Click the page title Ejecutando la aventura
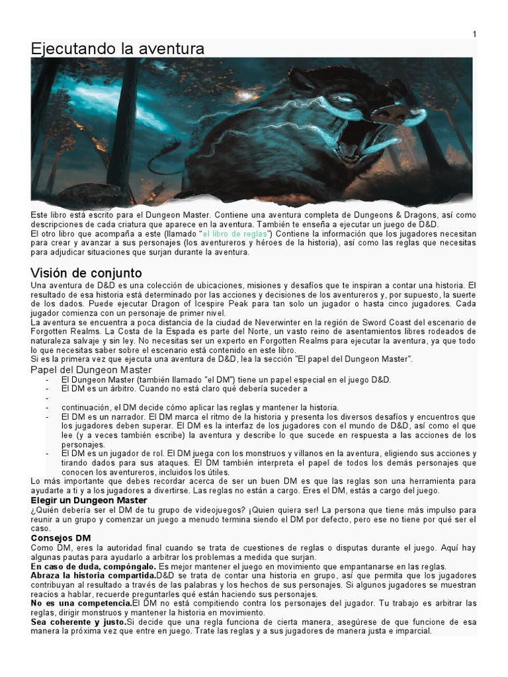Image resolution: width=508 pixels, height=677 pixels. pos(117,49)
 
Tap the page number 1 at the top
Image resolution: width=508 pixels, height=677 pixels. pos(474,34)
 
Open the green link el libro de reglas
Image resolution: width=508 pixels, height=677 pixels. pos(235,234)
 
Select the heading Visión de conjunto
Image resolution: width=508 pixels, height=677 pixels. pos(86,273)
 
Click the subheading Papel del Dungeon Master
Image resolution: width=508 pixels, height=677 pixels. pos(91,370)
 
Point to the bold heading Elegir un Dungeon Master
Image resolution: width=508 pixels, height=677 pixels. pos(89,500)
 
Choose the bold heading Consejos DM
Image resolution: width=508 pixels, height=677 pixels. pos(61,538)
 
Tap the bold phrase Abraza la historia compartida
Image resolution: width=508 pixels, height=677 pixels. pos(93,576)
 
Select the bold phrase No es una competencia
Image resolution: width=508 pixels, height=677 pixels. pos(81,604)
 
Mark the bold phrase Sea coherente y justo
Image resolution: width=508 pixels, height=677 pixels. pos(77,622)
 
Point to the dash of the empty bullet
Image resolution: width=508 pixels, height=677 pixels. pos(47,399)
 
